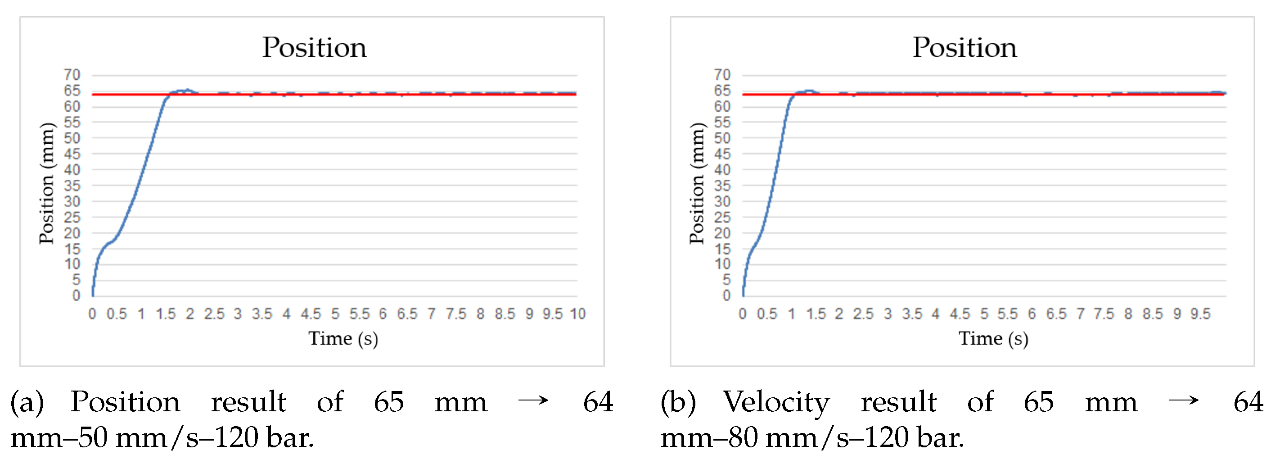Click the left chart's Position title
click(314, 48)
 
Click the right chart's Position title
click(964, 48)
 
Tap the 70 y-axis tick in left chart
click(72, 74)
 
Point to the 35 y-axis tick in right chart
click(722, 186)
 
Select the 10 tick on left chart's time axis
click(577, 314)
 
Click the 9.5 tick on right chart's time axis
click(1200, 314)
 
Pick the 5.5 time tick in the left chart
click(359, 314)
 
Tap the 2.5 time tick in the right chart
click(863, 314)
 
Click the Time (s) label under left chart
click(343, 339)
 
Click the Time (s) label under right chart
click(993, 339)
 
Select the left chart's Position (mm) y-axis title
click(47, 183)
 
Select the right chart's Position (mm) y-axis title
click(697, 183)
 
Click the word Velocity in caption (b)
click(776, 402)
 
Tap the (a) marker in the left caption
click(27, 402)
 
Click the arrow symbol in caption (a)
click(533, 400)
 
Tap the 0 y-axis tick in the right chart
click(726, 295)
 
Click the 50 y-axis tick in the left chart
click(72, 138)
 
